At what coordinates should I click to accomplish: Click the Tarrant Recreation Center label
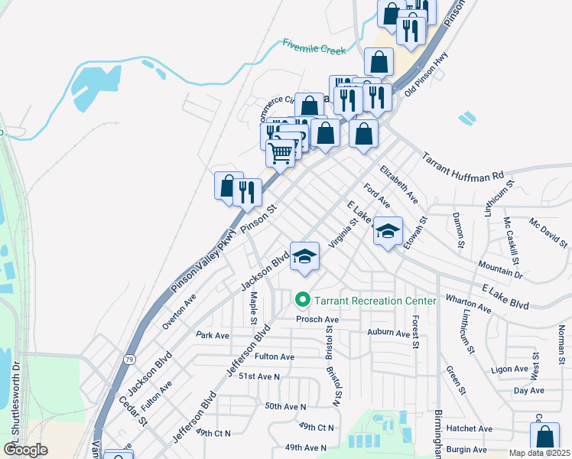pos(375,301)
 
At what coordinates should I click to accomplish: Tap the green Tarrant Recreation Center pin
pos(303,300)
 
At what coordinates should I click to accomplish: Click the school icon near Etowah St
pos(388,231)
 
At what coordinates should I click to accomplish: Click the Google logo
pos(25,449)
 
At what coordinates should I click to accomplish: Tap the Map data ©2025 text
pos(540,453)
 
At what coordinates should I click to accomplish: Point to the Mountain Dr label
pos(500,268)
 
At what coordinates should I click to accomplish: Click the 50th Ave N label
pos(284,406)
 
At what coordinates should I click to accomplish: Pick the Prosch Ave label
pos(317,319)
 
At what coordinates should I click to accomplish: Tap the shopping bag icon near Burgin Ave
pos(544,437)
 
